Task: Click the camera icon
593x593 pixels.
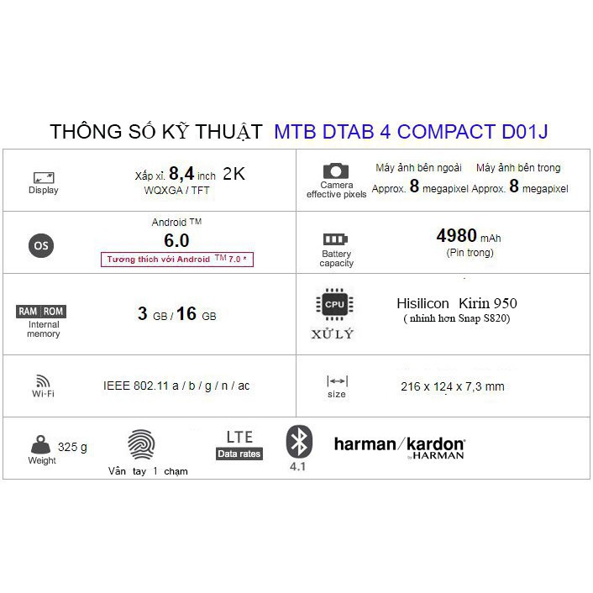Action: tap(336, 171)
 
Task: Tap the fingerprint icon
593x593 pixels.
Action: tap(140, 444)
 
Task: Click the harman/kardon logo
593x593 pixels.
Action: tap(399, 445)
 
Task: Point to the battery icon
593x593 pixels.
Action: tap(336, 239)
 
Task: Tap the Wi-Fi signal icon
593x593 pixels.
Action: tap(44, 380)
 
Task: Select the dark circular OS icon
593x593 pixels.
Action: tap(40, 245)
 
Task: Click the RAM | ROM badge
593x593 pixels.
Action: tap(41, 312)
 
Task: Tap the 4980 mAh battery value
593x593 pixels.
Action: tap(469, 236)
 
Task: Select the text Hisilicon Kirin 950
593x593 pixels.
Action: tap(456, 303)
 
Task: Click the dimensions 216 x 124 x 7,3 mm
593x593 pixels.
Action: tap(453, 386)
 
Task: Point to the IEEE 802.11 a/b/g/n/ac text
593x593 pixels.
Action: tap(176, 386)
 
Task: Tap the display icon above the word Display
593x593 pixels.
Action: tap(44, 177)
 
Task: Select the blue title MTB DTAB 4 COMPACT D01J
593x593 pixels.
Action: tap(412, 132)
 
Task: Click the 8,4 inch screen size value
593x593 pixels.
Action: tap(192, 174)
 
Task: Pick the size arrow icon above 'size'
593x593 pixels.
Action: tap(336, 380)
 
